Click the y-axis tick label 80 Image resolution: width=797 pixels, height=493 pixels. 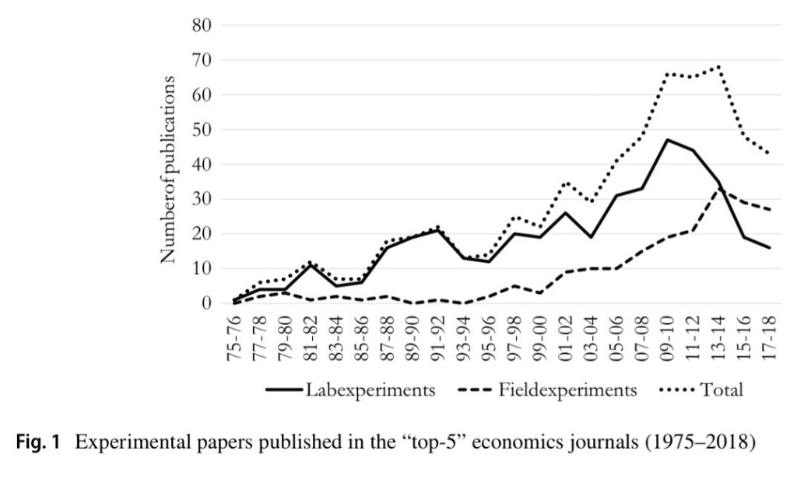(x=200, y=25)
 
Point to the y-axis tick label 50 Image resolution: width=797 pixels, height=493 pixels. (x=200, y=129)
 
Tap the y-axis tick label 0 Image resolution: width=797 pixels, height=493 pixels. (x=205, y=303)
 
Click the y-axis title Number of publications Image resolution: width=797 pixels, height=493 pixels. (x=169, y=169)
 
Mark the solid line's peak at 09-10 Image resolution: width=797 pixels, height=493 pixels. (x=668, y=140)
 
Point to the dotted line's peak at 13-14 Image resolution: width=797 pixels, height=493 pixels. (x=718, y=66)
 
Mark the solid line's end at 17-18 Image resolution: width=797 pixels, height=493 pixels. (x=769, y=247)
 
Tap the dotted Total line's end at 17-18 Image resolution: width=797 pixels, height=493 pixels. (x=769, y=153)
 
